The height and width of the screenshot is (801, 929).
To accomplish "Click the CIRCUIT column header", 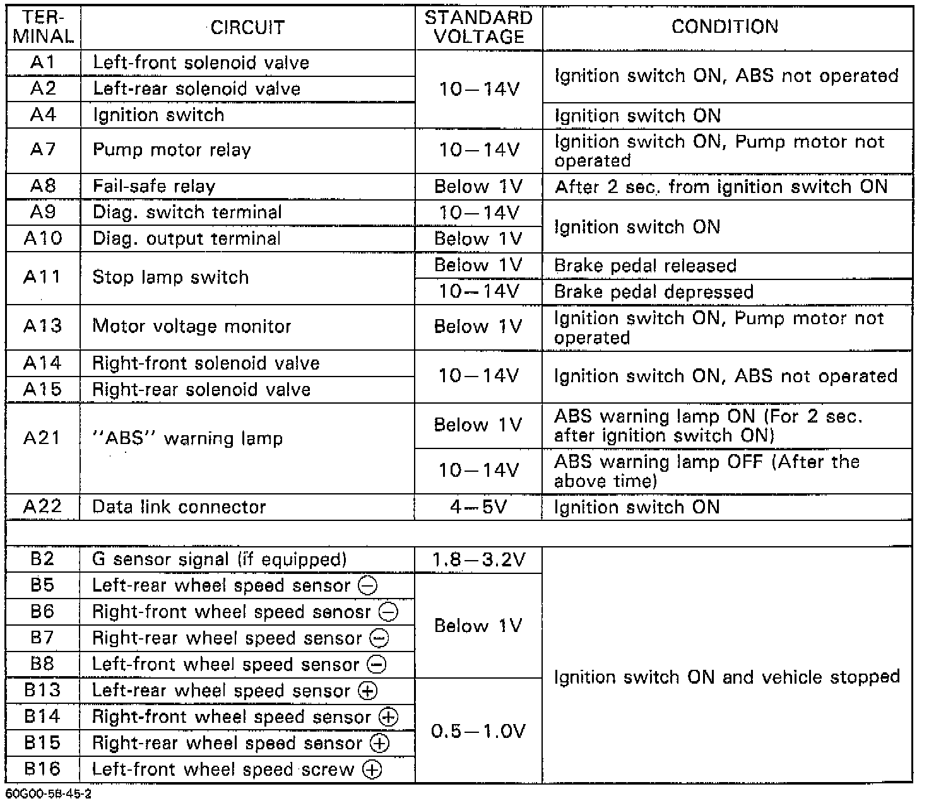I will click(x=247, y=28).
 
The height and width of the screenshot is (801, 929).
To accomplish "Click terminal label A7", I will click(x=43, y=149).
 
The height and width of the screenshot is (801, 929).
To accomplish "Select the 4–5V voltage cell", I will click(x=478, y=507).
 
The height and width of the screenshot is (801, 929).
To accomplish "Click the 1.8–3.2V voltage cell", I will click(x=478, y=559).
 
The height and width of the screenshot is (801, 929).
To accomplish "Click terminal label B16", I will click(x=43, y=769).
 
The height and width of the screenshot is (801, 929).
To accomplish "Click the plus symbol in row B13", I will click(x=367, y=691).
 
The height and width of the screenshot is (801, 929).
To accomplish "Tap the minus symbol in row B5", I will click(x=367, y=586).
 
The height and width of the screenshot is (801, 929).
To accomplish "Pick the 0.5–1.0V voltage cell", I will click(x=478, y=731).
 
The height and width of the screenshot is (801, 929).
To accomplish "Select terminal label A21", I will click(x=43, y=438).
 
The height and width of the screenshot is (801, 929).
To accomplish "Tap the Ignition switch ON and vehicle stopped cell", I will click(x=726, y=677).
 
